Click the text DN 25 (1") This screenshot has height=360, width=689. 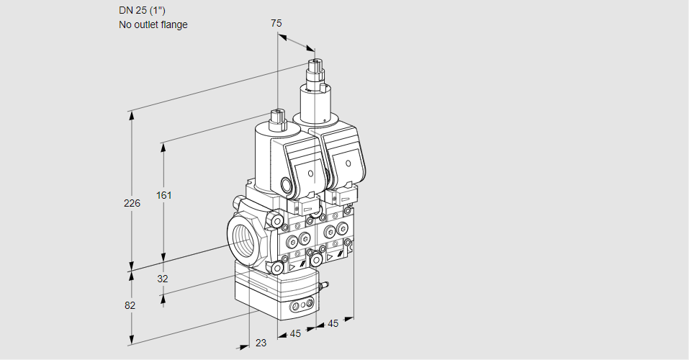click(x=143, y=11)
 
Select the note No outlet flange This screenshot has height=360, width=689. click(x=153, y=24)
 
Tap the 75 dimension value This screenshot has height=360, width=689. click(x=276, y=23)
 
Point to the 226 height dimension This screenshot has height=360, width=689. click(x=132, y=203)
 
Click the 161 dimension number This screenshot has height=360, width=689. click(x=165, y=195)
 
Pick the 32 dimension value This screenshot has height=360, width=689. click(x=162, y=279)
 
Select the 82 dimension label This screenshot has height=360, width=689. click(x=130, y=305)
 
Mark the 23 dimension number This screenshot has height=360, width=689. click(x=261, y=343)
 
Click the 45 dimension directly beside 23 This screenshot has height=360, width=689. click(x=294, y=333)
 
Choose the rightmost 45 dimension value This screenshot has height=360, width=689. click(x=333, y=323)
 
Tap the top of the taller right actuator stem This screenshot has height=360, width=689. click(x=315, y=63)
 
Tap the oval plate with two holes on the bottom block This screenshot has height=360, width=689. click(x=300, y=307)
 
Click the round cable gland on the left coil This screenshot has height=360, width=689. click(x=289, y=185)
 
